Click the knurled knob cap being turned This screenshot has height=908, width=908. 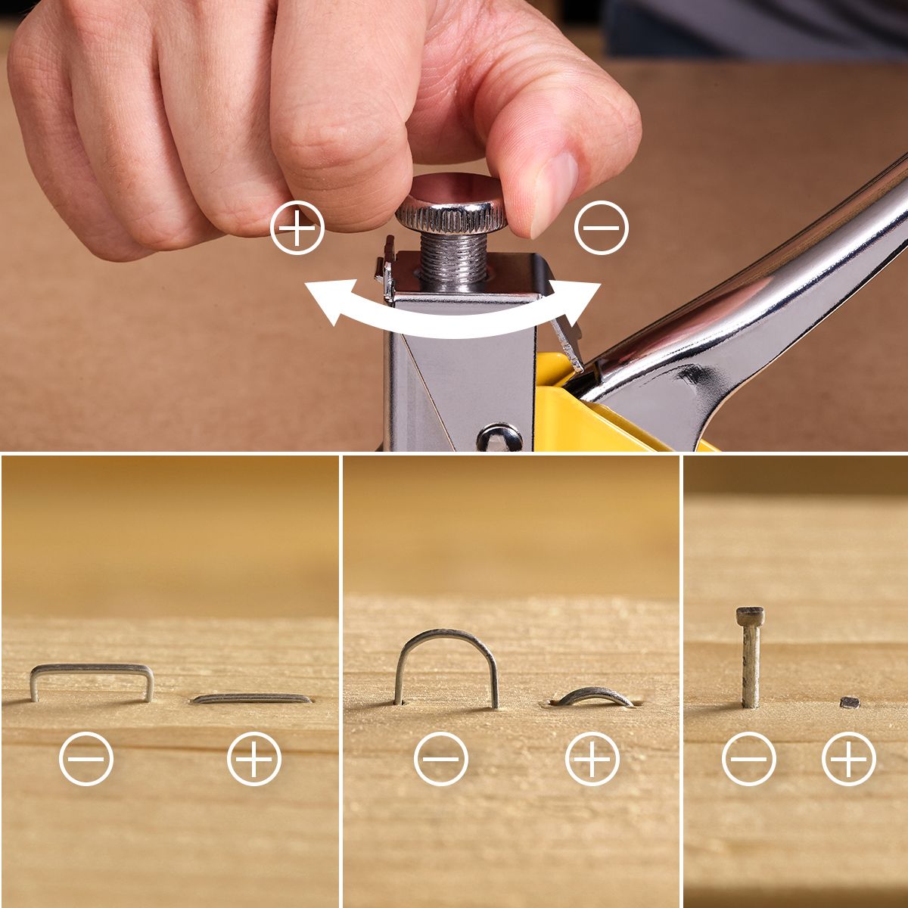[x=451, y=203]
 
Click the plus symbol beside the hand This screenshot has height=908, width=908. [x=297, y=227]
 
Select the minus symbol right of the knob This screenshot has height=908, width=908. [x=602, y=227]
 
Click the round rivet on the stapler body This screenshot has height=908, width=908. [x=499, y=437]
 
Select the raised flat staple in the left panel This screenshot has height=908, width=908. [x=92, y=669]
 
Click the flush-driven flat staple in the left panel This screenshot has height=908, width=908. [x=251, y=698]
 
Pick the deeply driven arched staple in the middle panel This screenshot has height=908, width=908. [x=594, y=695]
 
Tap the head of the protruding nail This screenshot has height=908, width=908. [x=750, y=615]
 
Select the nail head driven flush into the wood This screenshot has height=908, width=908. [x=850, y=702]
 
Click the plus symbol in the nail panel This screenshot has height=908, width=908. [x=849, y=758]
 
